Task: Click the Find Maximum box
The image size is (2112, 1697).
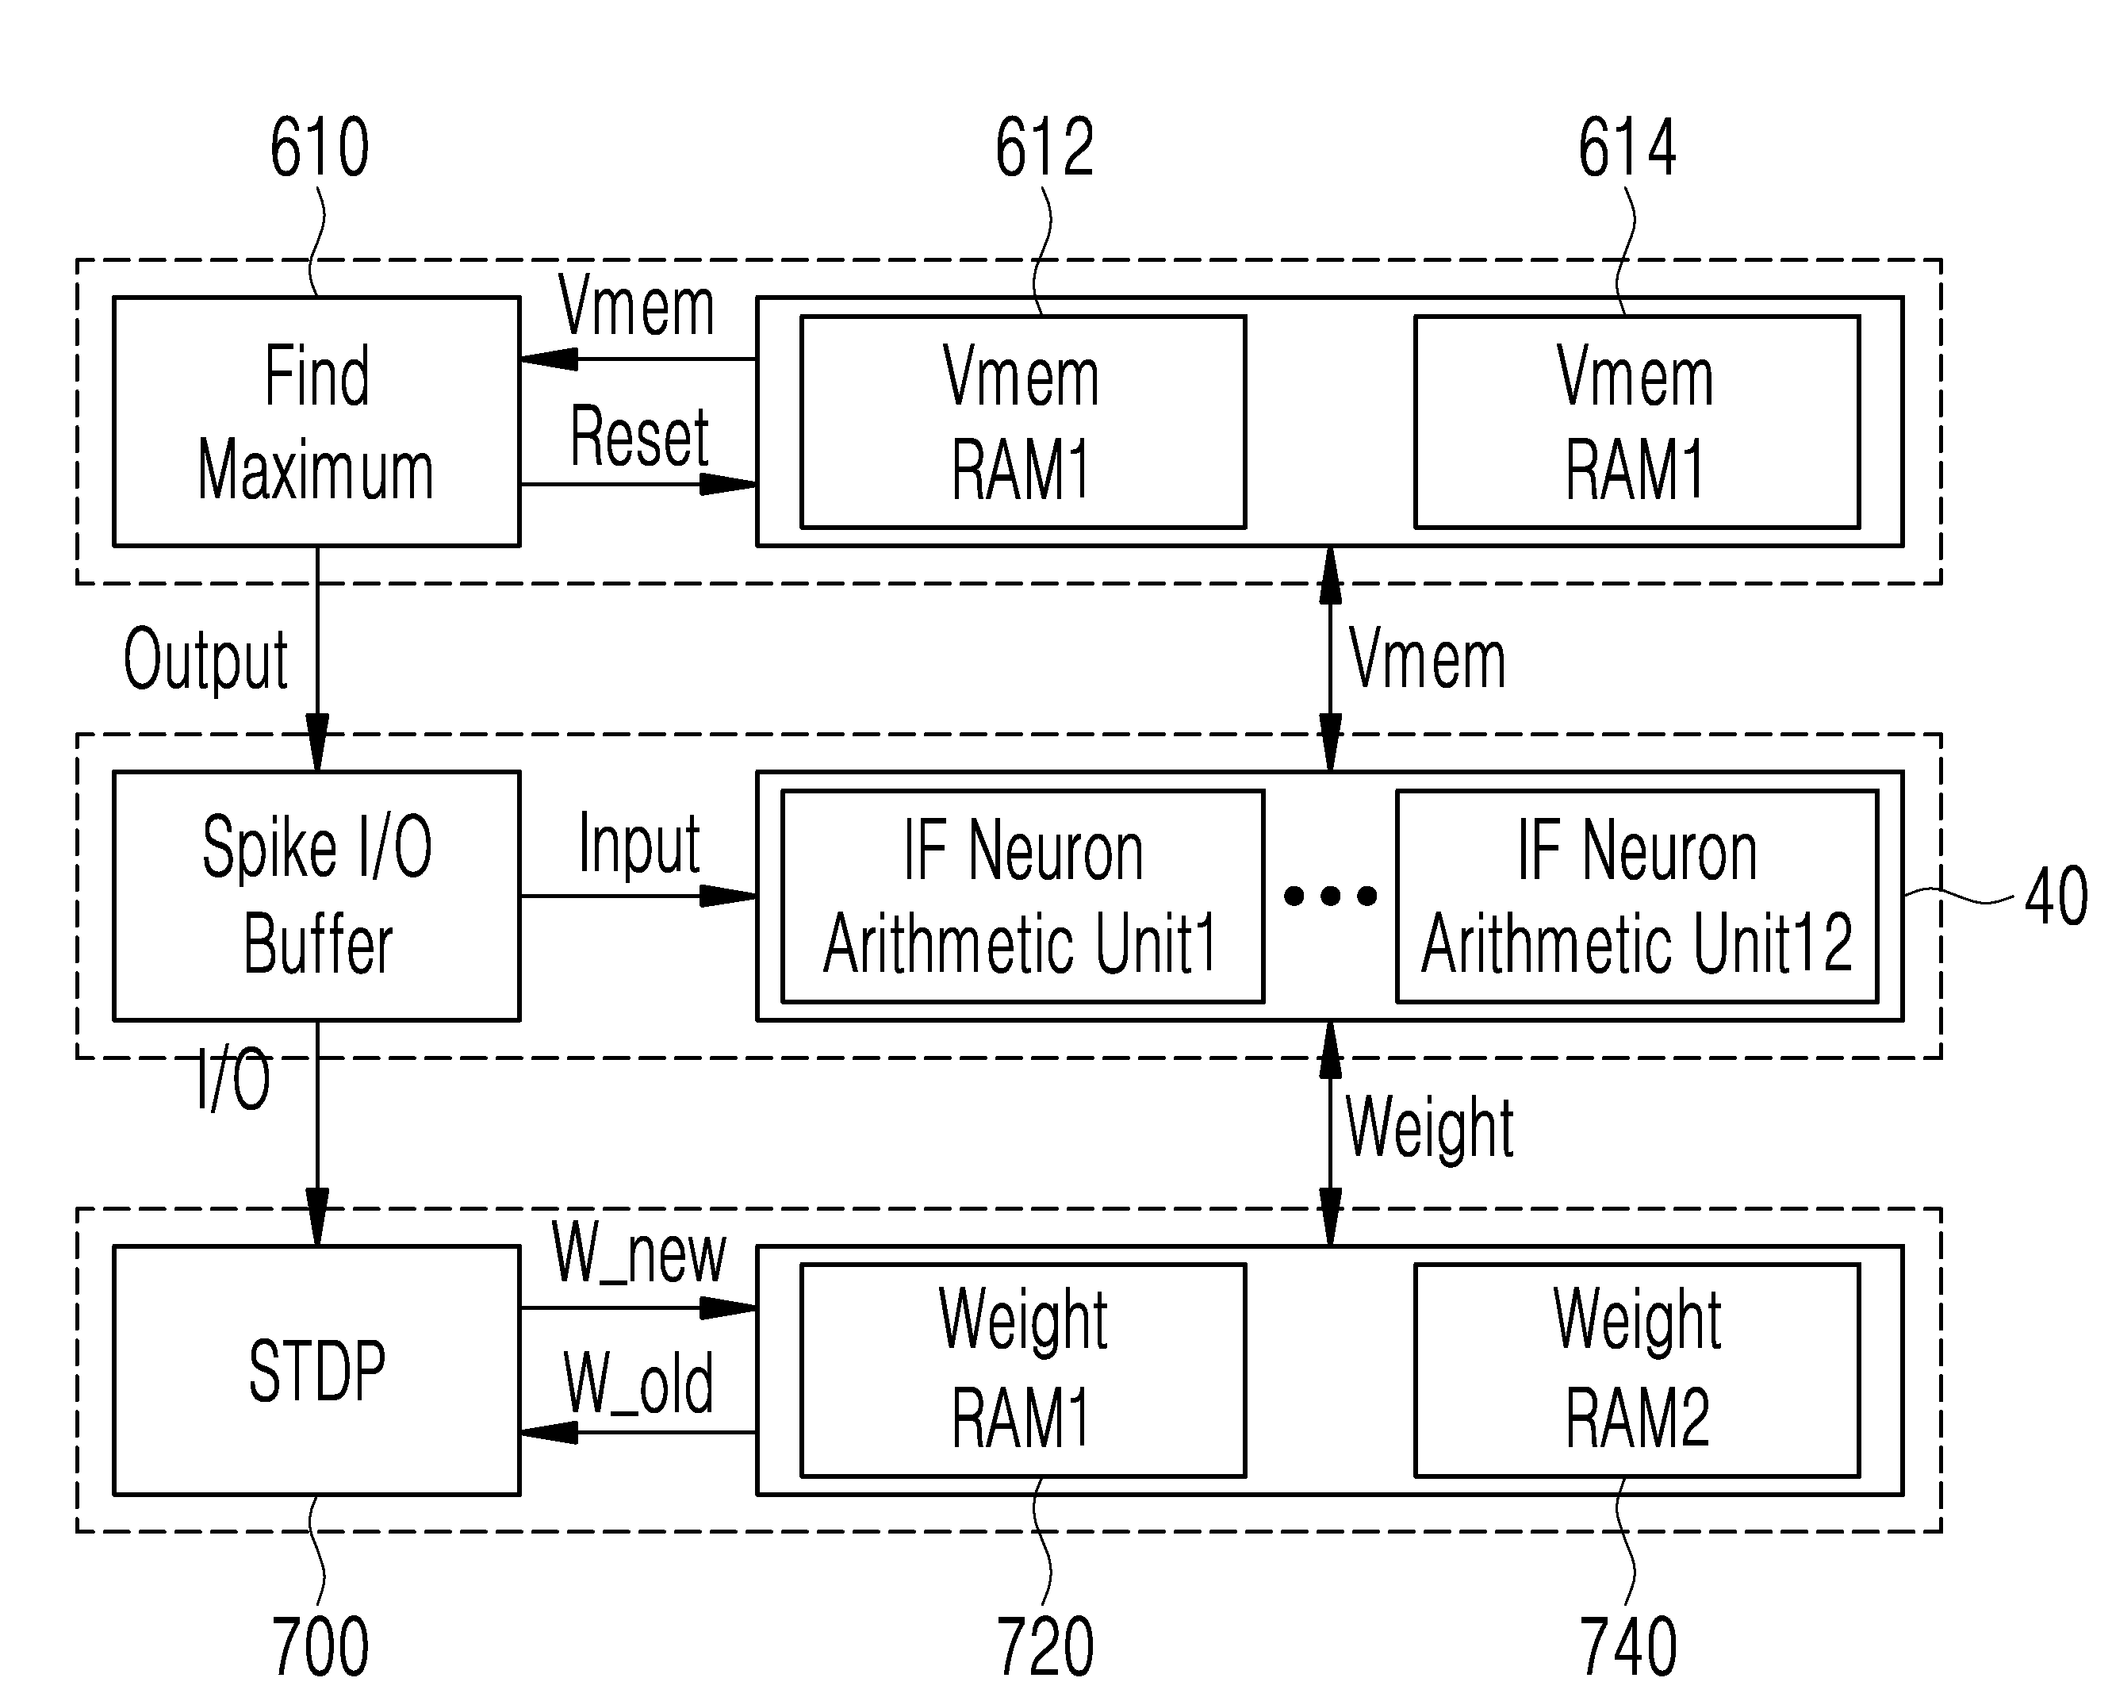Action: [316, 421]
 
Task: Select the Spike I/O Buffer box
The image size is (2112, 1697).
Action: [316, 896]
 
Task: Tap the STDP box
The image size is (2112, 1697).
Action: [316, 1370]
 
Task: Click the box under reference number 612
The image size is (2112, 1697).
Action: [1023, 421]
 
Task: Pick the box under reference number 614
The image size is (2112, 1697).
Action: [1637, 421]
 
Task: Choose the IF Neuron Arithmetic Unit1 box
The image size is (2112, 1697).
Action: [1023, 896]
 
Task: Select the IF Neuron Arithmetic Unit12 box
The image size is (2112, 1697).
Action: [1637, 896]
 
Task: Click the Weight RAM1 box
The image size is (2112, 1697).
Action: [1023, 1370]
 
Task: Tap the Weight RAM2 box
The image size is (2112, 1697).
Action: [1637, 1370]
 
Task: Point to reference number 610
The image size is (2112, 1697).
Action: [320, 147]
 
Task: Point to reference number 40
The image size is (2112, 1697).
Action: [2055, 896]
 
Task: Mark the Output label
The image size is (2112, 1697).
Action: [205, 660]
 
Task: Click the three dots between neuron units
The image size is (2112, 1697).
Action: [1330, 896]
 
